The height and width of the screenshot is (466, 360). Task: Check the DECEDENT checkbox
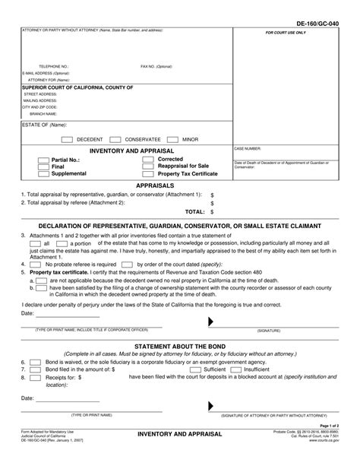(x=66, y=140)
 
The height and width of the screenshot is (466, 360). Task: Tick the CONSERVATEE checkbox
(x=116, y=140)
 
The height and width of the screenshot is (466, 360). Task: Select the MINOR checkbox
(x=172, y=140)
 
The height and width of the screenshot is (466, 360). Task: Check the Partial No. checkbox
(x=44, y=160)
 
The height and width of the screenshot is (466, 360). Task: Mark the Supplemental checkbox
(x=44, y=174)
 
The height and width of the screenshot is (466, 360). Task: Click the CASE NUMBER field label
(x=248, y=150)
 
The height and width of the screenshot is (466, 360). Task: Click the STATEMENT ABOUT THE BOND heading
(x=179, y=346)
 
